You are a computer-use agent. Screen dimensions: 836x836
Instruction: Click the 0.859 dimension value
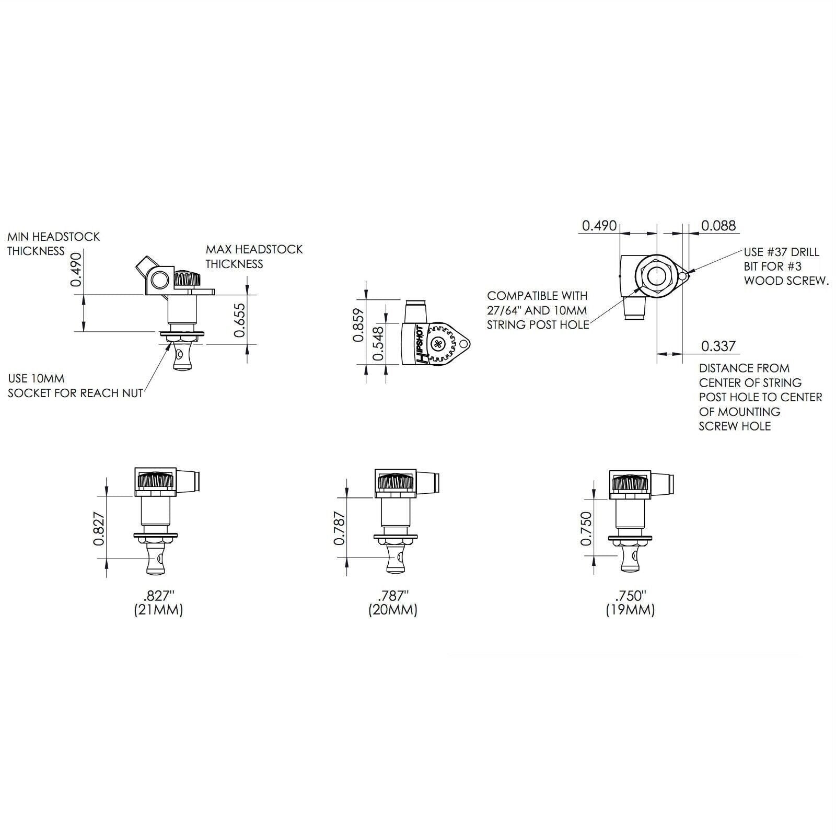pos(358,325)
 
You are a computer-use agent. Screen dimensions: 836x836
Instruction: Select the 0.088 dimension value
pos(718,225)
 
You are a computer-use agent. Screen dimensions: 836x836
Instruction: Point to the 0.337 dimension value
pos(718,346)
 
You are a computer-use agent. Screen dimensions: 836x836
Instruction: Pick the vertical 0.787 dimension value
pos(339,528)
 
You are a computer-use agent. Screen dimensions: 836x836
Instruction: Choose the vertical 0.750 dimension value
pos(586,528)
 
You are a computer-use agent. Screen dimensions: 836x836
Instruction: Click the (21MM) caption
pos(158,610)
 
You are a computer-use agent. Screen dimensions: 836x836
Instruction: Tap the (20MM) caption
pos(393,610)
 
